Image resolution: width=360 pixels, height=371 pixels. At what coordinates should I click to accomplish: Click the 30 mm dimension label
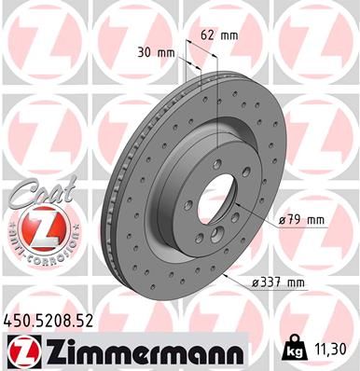[x=165, y=53]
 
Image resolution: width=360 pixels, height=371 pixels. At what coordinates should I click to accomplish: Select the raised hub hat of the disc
[x=191, y=177]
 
